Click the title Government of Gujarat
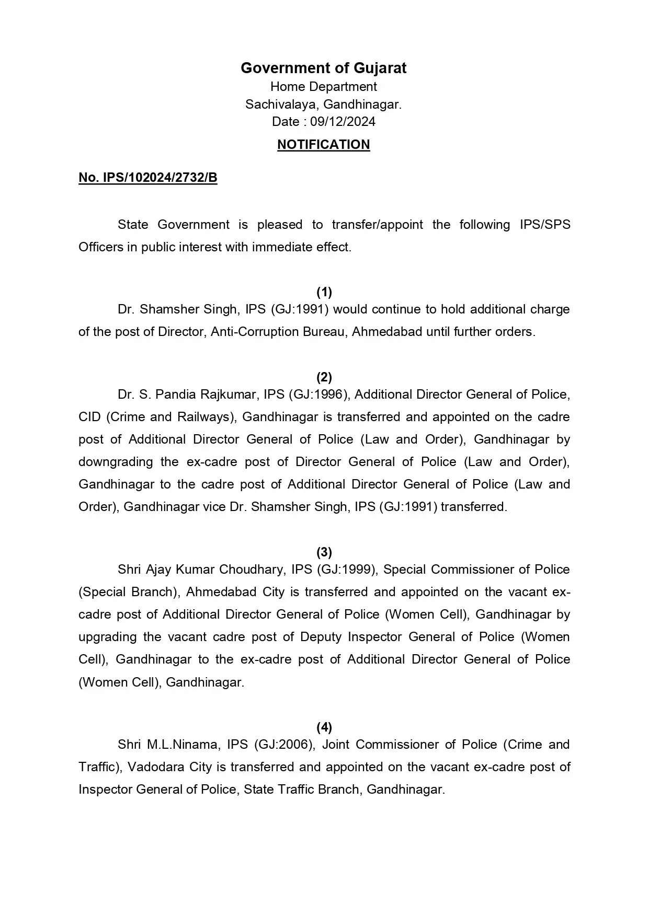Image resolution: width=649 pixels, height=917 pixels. [x=323, y=68]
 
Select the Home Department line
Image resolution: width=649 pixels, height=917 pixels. [x=323, y=86]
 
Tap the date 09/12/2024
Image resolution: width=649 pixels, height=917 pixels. [x=343, y=122]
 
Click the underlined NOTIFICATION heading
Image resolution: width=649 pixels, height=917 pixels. [x=323, y=145]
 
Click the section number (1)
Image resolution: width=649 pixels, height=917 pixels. [x=324, y=292]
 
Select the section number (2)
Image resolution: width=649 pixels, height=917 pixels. [x=324, y=377]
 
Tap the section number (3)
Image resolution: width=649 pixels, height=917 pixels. [x=324, y=552]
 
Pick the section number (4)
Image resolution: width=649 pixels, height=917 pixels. [x=324, y=727]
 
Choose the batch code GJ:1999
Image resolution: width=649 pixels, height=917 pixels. [x=346, y=570]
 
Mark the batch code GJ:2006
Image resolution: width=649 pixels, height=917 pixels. [x=284, y=745]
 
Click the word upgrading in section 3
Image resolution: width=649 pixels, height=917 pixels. [x=107, y=637]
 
